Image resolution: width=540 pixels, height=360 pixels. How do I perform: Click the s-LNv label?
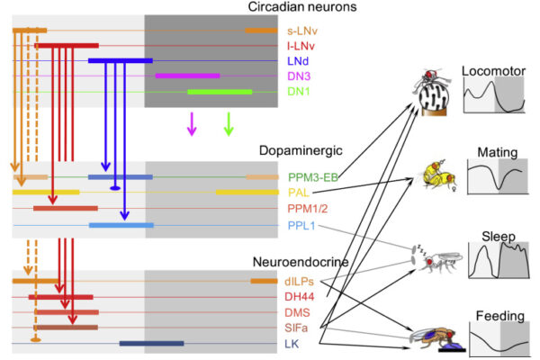click(302, 31)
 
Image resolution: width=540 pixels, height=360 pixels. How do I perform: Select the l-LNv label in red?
click(302, 46)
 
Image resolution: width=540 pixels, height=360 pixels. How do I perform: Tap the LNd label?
click(298, 61)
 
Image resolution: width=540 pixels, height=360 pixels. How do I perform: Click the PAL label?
click(297, 193)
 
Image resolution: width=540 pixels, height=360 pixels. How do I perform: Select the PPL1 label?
click(301, 224)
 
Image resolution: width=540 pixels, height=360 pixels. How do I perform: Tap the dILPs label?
click(301, 282)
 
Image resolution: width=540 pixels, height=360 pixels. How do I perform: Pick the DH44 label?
click(301, 297)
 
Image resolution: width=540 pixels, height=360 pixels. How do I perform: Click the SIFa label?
click(299, 328)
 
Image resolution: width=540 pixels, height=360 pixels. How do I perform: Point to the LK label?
click(293, 344)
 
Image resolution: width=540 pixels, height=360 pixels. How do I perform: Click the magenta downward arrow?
click(191, 123)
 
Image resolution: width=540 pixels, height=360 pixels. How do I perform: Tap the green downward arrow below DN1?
click(229, 123)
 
